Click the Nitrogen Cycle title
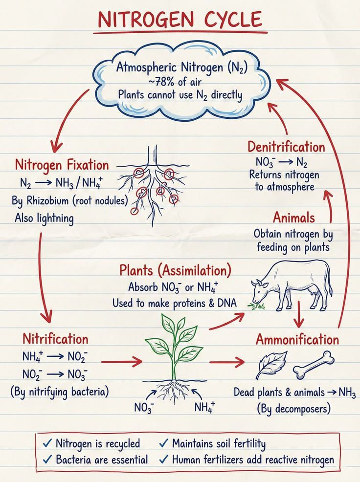[x=180, y=19]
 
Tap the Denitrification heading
[x=286, y=147]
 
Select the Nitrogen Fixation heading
[x=62, y=165]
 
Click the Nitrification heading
[x=55, y=339]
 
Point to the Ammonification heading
[x=297, y=340]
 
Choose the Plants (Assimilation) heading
[x=175, y=270]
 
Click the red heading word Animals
[x=294, y=218]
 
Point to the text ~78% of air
[x=175, y=82]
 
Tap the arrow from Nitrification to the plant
[x=121, y=362]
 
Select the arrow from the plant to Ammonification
[x=227, y=362]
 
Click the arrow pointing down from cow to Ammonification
[x=298, y=313]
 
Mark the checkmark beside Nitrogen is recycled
[x=48, y=443]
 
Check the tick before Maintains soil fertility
[x=164, y=443]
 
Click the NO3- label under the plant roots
[x=144, y=407]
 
